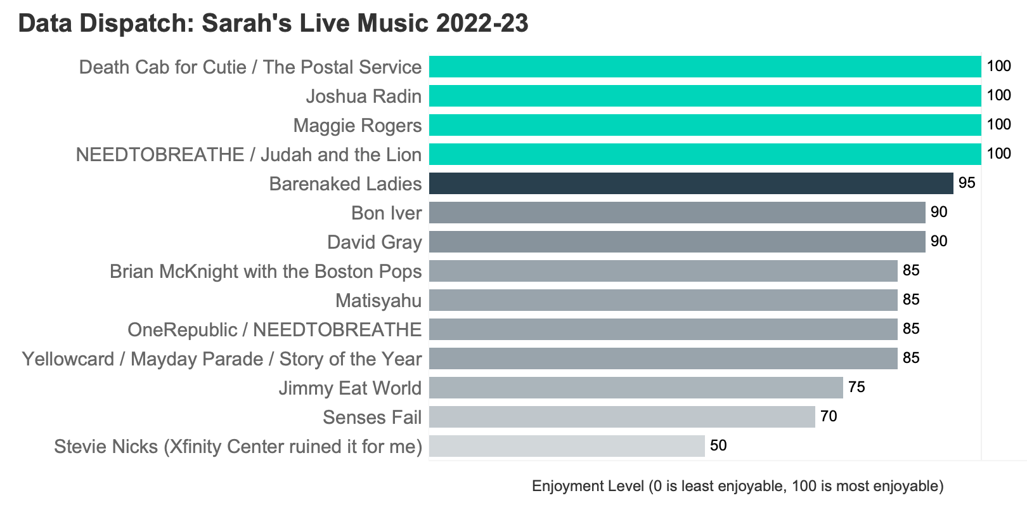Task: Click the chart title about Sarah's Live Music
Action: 273,23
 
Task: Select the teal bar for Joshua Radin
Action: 705,96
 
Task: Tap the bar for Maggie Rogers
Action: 705,125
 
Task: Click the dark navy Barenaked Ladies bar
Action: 691,183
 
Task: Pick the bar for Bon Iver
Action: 677,213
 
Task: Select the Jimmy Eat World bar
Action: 636,388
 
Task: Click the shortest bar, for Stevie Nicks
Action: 567,446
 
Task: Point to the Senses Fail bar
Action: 622,417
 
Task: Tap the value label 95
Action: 967,183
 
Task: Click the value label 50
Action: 718,446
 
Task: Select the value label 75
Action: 856,388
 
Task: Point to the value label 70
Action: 829,417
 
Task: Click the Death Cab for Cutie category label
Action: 250,67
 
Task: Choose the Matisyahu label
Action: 378,300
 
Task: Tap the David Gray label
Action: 374,242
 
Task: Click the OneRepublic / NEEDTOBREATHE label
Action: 275,330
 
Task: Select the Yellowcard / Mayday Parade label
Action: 222,359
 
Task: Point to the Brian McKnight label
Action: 266,272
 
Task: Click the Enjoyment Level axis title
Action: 738,486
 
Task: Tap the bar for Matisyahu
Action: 663,300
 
